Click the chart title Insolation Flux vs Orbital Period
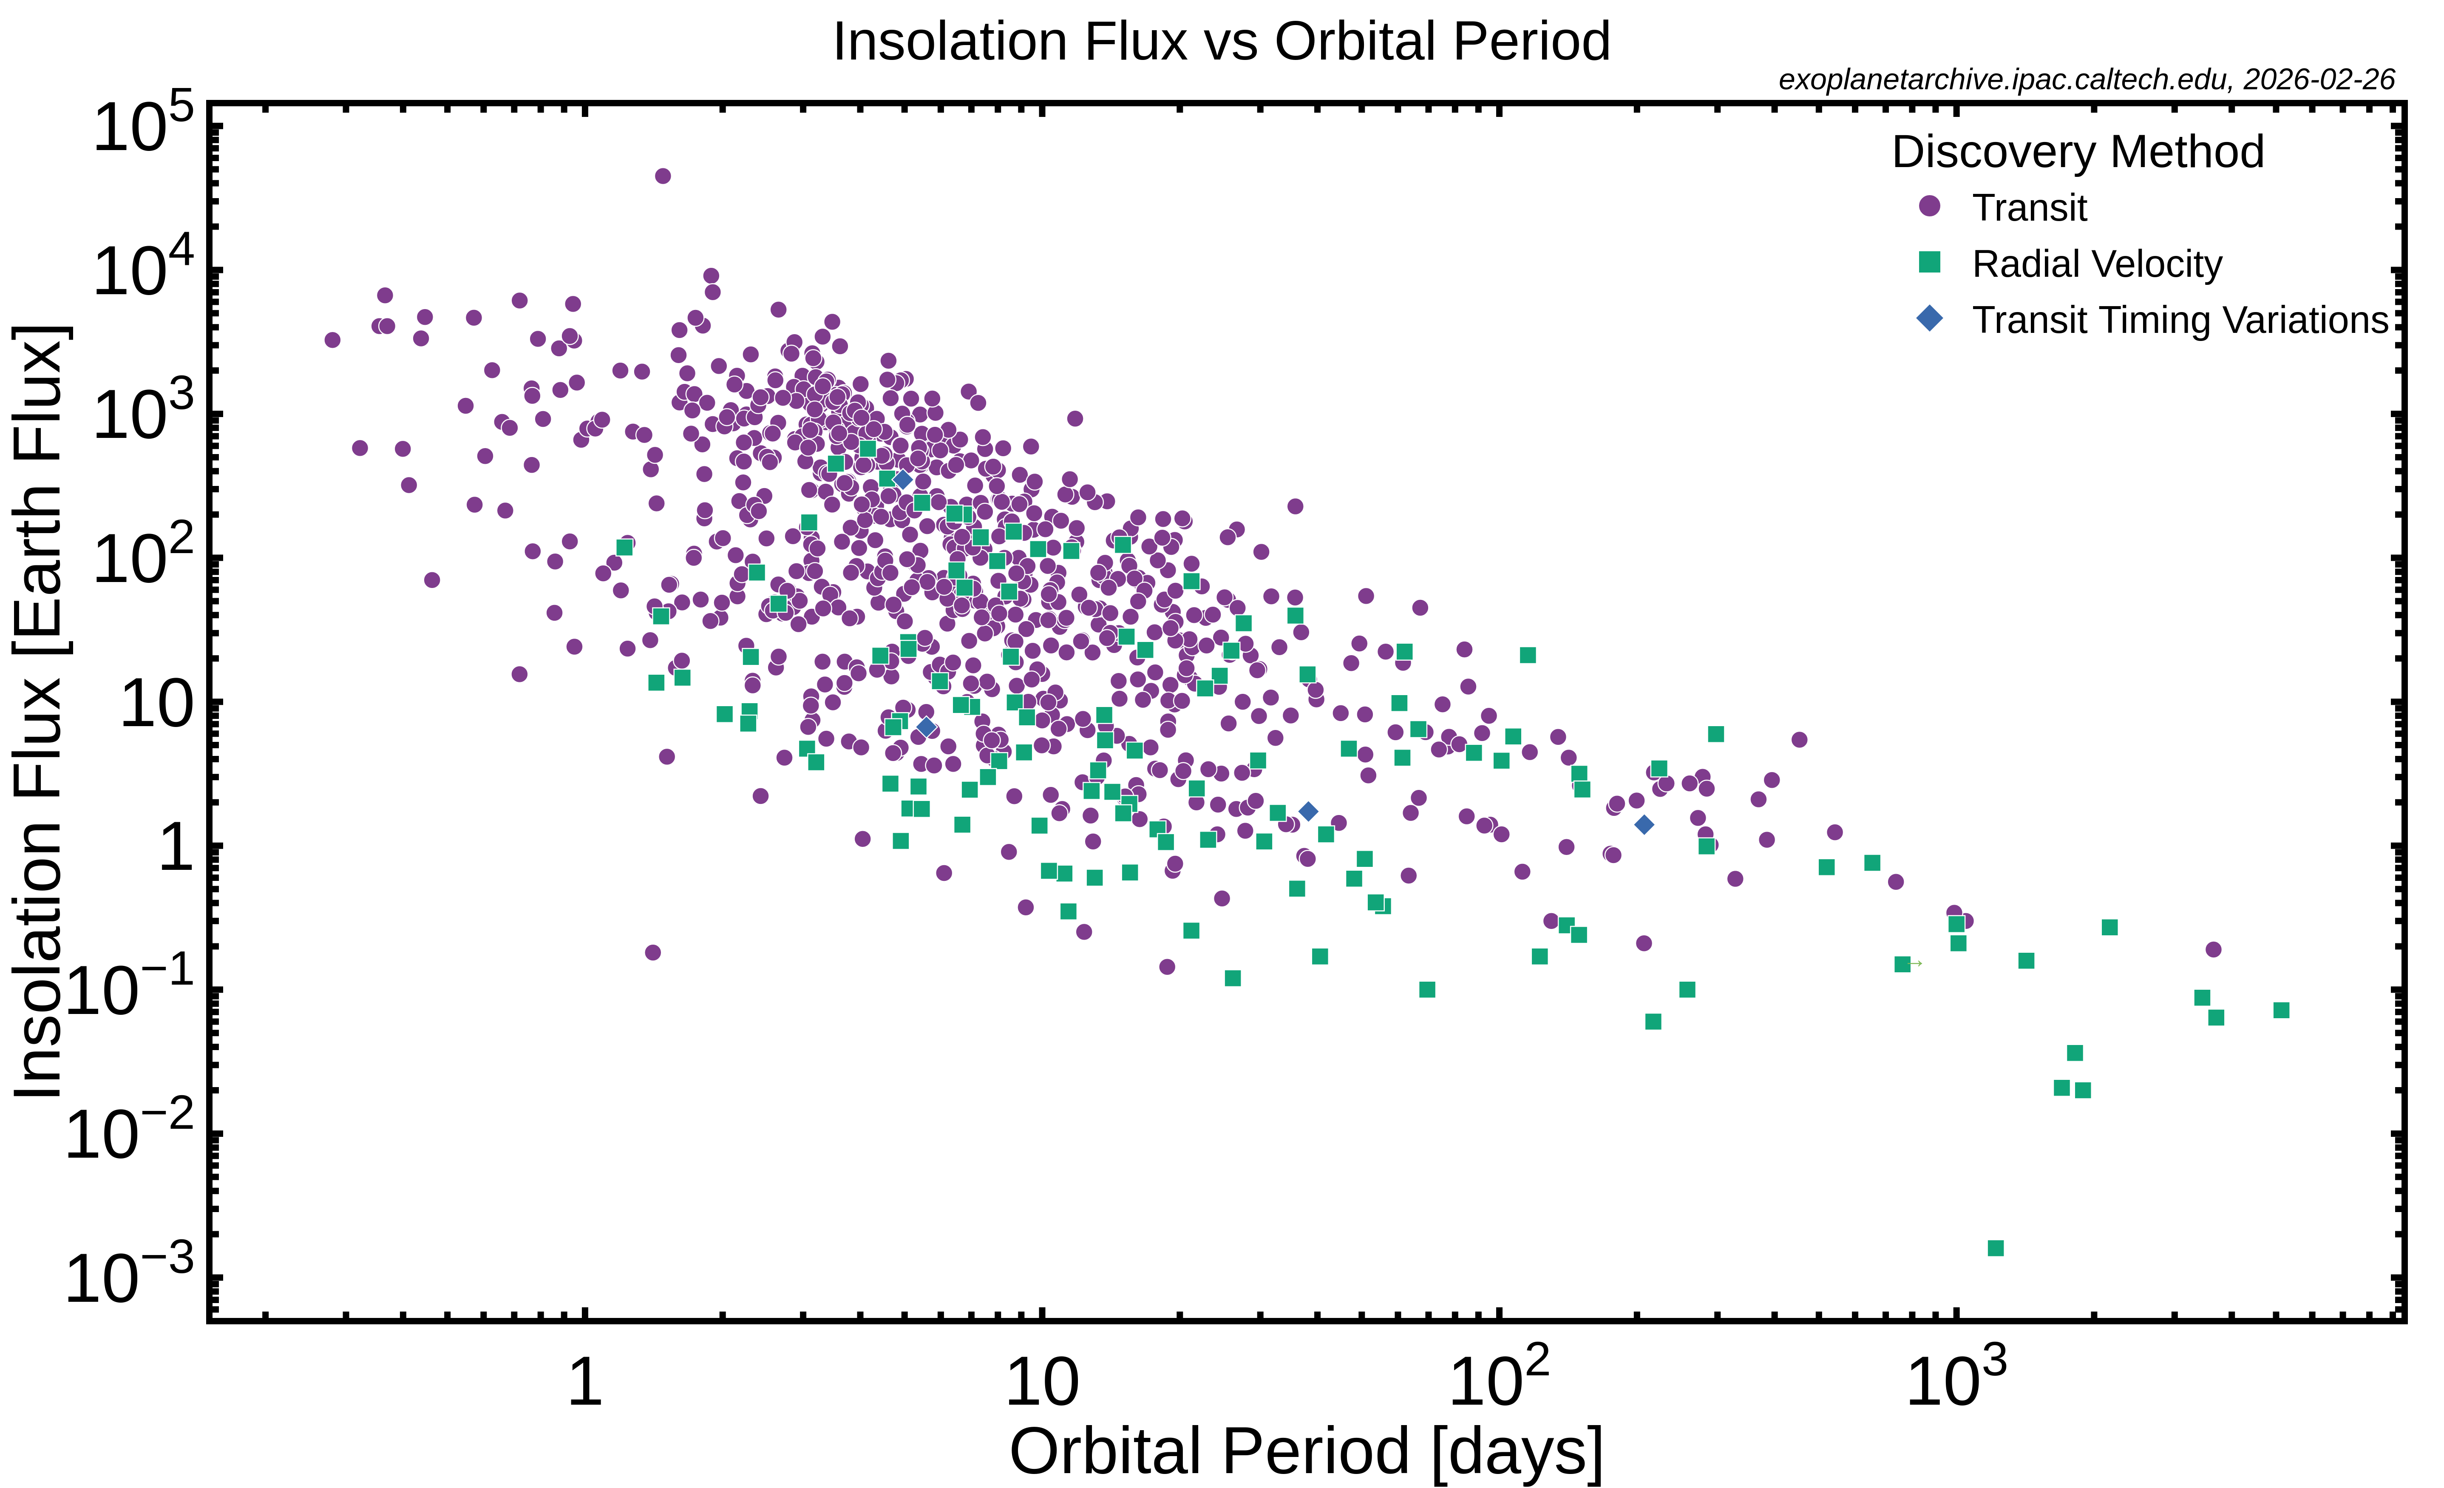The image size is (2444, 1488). tap(1221, 42)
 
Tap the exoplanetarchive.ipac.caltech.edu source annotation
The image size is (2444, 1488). tap(2086, 80)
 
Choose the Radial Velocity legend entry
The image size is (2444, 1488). tap(2096, 264)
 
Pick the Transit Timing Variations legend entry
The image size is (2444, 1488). tap(2179, 319)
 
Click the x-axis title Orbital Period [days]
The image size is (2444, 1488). tap(1305, 1451)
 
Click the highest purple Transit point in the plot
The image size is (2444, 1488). tap(663, 176)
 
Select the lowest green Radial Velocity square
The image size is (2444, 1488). tap(1996, 1248)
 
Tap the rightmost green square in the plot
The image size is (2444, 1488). tap(2281, 1010)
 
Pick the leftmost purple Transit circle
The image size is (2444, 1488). tap(332, 340)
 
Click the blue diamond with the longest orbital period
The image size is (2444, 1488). tap(1644, 824)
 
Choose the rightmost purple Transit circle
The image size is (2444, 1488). tap(2213, 949)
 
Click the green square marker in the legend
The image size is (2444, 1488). tap(1929, 262)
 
